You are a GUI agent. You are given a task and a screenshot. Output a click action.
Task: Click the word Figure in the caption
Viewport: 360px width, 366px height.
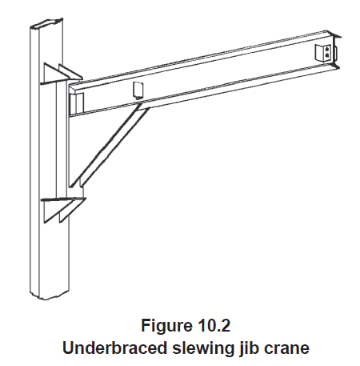(166, 325)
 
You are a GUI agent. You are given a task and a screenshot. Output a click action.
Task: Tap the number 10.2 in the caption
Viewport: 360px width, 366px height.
(214, 325)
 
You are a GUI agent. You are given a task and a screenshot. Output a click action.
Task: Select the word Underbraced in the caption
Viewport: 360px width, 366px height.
(114, 348)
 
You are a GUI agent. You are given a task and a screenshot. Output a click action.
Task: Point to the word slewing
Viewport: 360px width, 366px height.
(202, 348)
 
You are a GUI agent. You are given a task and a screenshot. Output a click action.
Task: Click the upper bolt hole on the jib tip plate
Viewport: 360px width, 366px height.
(327, 49)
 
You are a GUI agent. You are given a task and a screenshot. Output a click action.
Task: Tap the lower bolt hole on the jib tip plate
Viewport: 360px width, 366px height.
(327, 55)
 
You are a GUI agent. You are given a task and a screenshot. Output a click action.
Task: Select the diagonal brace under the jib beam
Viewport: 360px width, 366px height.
(110, 146)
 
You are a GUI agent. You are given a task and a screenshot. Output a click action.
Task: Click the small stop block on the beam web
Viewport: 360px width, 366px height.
(138, 90)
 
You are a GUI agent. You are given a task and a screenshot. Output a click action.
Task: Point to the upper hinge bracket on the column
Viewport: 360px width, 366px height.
(62, 74)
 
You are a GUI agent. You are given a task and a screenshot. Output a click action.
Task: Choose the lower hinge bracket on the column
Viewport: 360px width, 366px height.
(63, 210)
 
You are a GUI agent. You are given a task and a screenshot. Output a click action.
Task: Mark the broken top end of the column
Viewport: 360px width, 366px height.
(47, 23)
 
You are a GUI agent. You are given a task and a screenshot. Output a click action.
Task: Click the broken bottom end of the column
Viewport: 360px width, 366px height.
(50, 294)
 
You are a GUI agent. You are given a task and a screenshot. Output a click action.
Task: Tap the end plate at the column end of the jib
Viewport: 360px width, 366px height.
(77, 103)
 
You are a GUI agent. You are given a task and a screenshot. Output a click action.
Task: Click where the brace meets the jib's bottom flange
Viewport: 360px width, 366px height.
(143, 105)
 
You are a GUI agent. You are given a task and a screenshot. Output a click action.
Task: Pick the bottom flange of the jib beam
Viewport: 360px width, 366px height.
(204, 91)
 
